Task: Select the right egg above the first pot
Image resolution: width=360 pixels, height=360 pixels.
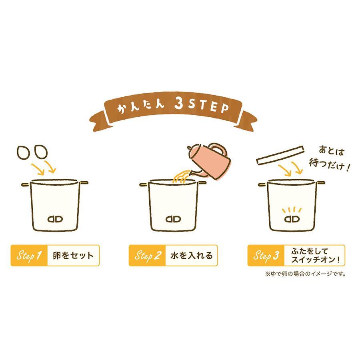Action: pos(41,151)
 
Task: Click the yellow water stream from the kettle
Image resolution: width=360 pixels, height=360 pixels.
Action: pos(181,176)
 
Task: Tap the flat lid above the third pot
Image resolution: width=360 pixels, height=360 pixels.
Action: pos(280,155)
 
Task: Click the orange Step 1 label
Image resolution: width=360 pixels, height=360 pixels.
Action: pos(29,255)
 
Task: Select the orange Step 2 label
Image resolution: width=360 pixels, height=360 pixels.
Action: pos(147,255)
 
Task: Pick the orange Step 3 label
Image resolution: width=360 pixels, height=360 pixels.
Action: pos(266,255)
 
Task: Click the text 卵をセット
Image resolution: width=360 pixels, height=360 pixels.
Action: pos(73,256)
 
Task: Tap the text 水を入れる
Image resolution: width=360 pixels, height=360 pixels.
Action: pos(192,256)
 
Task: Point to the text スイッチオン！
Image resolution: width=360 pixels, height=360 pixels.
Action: pos(316,260)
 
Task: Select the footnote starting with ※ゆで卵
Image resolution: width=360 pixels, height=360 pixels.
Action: pos(305,274)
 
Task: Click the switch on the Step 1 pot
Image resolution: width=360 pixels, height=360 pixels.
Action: pos(55,219)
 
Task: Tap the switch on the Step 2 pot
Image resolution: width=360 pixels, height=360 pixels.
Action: pos(173,219)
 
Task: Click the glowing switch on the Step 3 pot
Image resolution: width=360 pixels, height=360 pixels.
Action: pos(292,219)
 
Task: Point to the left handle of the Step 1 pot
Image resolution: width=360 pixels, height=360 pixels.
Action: pos(26,184)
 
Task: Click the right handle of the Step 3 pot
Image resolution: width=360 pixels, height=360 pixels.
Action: pos(320,183)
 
